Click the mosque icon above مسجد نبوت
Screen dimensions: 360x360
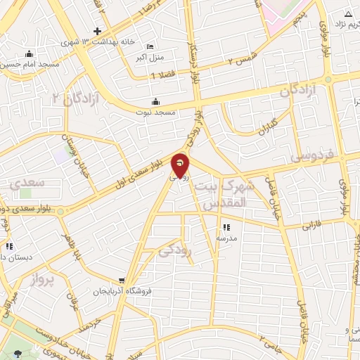(156, 101)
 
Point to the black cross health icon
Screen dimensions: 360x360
(98, 31)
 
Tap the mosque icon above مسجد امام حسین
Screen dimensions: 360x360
(29, 54)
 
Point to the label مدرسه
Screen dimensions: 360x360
(226, 238)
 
